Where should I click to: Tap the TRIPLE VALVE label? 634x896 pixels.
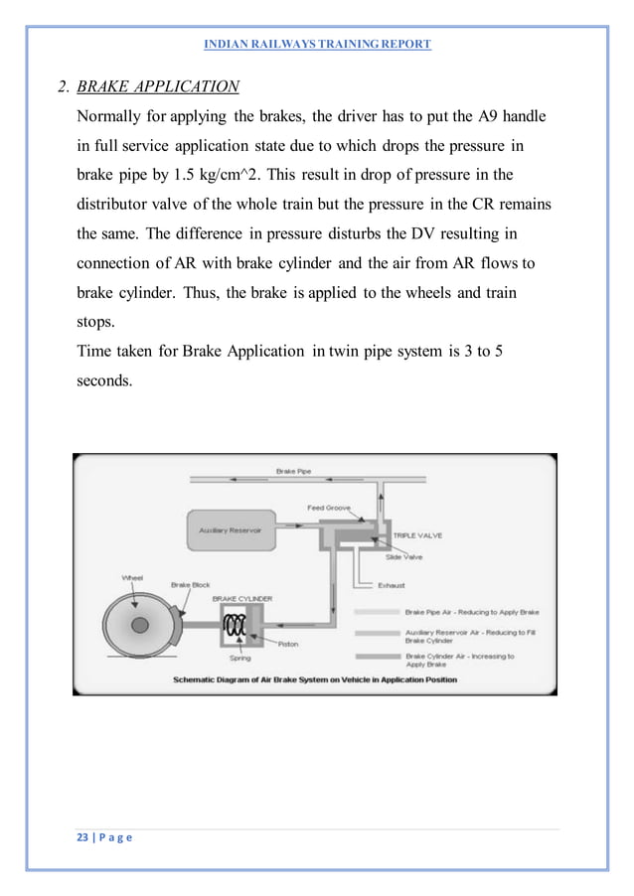[417, 535]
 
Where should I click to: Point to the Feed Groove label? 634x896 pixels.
[329, 508]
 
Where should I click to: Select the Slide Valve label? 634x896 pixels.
[405, 557]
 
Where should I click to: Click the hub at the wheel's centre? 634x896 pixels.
[139, 625]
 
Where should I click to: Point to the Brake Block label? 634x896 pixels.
[189, 585]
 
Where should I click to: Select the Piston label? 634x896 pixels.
[287, 644]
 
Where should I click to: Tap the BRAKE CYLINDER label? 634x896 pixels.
[241, 599]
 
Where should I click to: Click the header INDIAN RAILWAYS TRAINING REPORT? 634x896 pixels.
[316, 45]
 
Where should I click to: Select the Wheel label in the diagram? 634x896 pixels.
[132, 576]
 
